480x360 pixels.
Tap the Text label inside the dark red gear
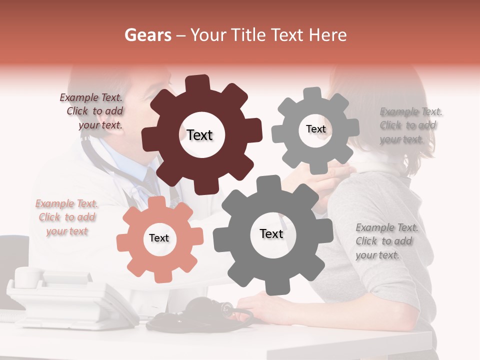pyautogui.click(x=199, y=135)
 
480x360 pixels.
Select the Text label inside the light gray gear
pyautogui.click(x=315, y=129)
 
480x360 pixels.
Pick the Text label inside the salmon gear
pyautogui.click(x=159, y=238)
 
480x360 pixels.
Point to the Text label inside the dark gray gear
pyautogui.click(x=271, y=233)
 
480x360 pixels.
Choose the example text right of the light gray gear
pyautogui.click(x=410, y=125)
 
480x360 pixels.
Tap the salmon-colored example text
pyautogui.click(x=66, y=217)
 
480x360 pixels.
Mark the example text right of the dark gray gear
pyautogui.click(x=386, y=241)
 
